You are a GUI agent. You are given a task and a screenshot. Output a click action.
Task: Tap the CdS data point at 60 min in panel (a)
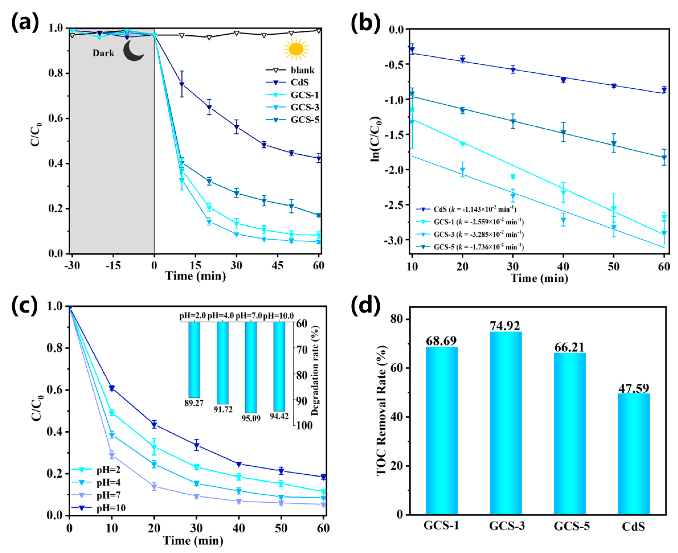[x=319, y=158]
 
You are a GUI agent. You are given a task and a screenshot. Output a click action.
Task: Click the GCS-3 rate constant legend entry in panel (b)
[x=471, y=234]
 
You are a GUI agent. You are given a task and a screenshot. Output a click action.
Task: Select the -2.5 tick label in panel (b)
[x=394, y=205]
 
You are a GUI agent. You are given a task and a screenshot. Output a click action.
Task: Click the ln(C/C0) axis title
[x=376, y=139]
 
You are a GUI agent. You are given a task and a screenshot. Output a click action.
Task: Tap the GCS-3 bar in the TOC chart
[x=506, y=423]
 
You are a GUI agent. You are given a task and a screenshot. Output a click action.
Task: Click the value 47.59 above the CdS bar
[x=633, y=388]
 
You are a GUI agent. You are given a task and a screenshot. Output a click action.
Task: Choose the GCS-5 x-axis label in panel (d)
[x=572, y=526]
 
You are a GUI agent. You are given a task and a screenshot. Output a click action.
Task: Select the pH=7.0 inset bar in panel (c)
[x=251, y=367]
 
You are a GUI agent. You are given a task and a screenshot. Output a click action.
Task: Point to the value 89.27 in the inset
[x=194, y=403]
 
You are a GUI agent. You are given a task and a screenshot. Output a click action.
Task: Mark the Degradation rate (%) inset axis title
[x=315, y=371]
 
